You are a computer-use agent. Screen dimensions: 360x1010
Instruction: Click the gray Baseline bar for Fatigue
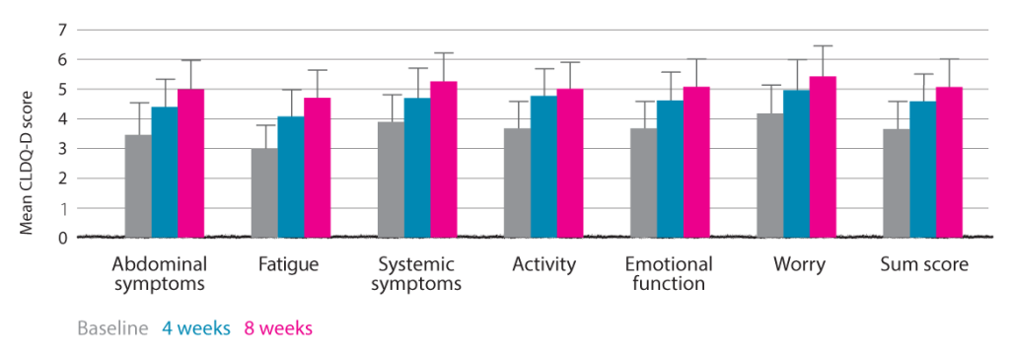(x=264, y=193)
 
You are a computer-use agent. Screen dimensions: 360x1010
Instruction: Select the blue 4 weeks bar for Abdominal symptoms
(x=165, y=173)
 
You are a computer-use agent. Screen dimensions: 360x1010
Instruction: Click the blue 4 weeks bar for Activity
(x=543, y=167)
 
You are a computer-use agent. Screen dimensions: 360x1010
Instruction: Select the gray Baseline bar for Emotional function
(x=644, y=182)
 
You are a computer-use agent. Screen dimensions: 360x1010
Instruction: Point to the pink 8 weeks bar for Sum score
(x=949, y=163)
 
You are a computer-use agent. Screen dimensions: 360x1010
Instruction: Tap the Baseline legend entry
(x=112, y=328)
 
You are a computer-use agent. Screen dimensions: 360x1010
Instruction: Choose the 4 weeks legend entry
(x=194, y=328)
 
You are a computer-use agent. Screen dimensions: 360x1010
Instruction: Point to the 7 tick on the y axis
(x=60, y=30)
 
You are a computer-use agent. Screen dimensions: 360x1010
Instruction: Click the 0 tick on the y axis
(x=60, y=238)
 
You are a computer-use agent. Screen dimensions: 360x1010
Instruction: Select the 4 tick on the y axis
(x=60, y=119)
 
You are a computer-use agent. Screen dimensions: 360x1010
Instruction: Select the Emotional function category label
(x=669, y=274)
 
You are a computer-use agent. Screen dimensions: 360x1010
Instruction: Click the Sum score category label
(x=921, y=264)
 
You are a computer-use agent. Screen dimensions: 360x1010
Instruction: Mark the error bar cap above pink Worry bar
(x=822, y=45)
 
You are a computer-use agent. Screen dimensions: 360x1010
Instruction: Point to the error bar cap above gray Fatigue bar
(x=264, y=125)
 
